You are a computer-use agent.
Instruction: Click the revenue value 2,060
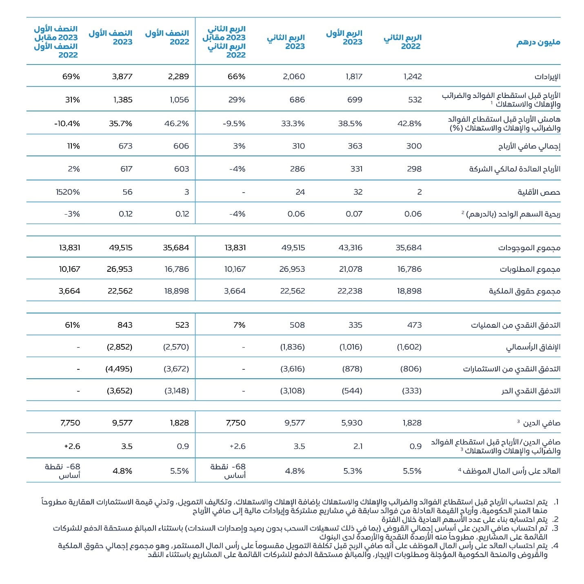(x=294, y=76)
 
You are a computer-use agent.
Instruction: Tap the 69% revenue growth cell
(x=71, y=76)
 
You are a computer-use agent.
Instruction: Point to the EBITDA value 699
(x=355, y=100)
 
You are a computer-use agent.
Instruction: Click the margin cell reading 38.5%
(x=350, y=123)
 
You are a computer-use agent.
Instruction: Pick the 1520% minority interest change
(x=68, y=192)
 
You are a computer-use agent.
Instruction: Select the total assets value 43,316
(x=351, y=247)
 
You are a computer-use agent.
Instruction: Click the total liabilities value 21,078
(x=351, y=269)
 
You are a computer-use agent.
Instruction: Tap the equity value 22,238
(x=351, y=291)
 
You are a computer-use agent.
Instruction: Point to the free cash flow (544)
(x=352, y=391)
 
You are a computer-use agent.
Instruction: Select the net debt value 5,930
(x=352, y=423)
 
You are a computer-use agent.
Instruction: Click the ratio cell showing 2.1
(x=358, y=446)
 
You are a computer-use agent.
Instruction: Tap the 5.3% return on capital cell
(x=353, y=471)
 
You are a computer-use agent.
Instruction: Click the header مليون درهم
(x=538, y=42)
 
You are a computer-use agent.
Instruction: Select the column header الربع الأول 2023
(x=344, y=38)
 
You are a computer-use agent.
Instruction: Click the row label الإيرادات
(x=547, y=77)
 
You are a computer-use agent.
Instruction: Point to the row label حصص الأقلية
(x=539, y=192)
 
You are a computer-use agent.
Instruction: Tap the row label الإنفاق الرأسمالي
(x=533, y=347)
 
